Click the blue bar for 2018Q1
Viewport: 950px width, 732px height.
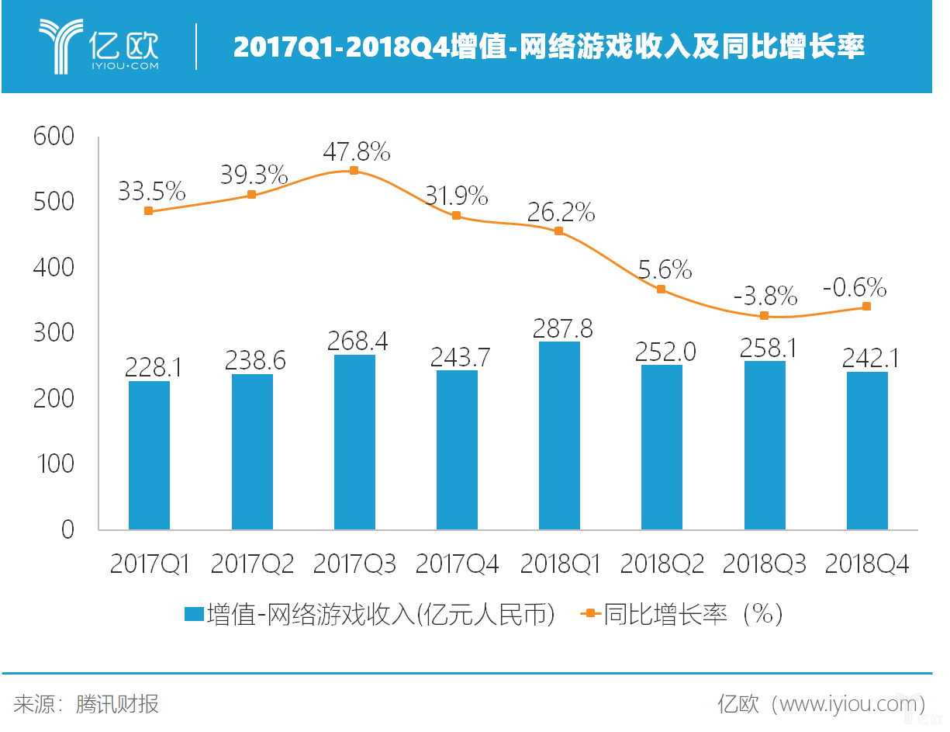click(x=559, y=435)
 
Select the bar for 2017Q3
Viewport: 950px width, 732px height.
click(x=354, y=442)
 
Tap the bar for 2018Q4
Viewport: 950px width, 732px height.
click(x=867, y=451)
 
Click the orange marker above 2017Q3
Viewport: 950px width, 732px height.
click(x=354, y=171)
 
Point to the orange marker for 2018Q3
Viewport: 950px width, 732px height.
click(x=764, y=316)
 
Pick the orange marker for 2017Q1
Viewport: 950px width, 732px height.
click(x=149, y=211)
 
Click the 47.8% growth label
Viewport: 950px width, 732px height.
click(x=358, y=152)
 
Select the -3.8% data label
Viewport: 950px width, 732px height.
click(x=766, y=296)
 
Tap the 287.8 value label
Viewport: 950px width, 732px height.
click(x=563, y=328)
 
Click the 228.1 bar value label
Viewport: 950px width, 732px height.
click(x=153, y=367)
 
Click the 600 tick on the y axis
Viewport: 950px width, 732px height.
click(x=54, y=137)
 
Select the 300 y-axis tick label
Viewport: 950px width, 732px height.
click(x=54, y=334)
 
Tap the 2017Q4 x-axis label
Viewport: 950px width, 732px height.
click(x=457, y=564)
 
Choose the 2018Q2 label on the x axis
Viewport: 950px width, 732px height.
click(x=662, y=564)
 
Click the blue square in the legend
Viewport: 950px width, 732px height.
click(x=194, y=614)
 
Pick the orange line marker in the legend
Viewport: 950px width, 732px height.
click(x=591, y=614)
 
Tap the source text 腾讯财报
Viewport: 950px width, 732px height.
click(x=118, y=705)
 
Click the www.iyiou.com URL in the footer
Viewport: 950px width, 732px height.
click(x=848, y=705)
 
